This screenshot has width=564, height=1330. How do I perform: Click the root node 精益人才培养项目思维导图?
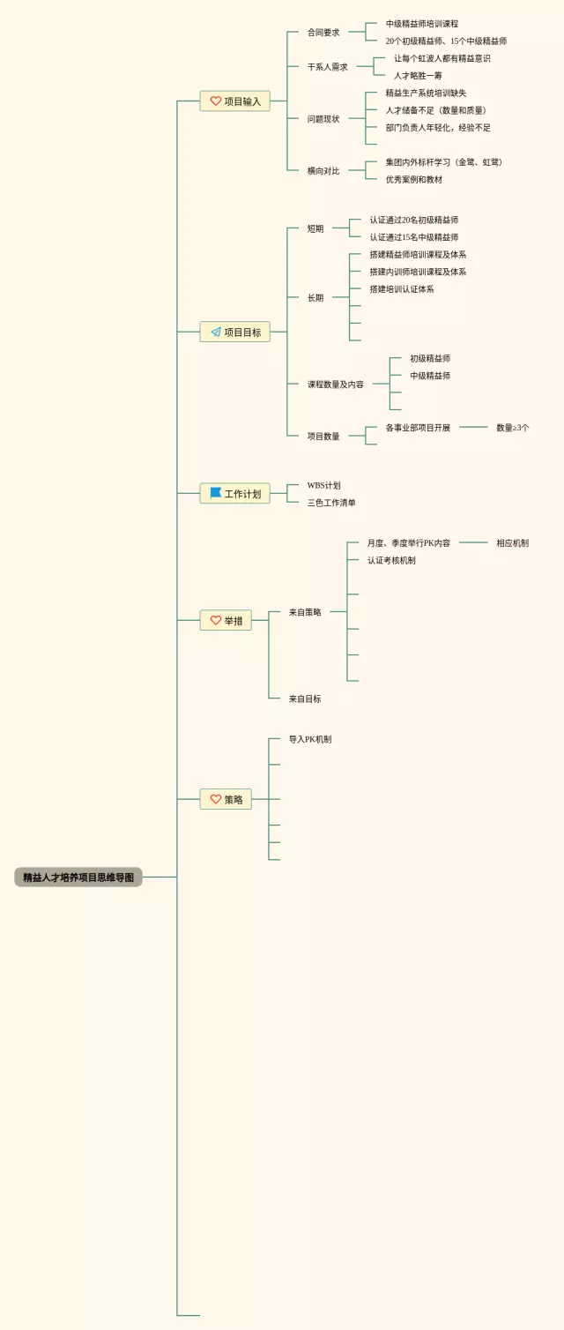[78, 878]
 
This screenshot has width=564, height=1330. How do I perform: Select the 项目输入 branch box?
[234, 101]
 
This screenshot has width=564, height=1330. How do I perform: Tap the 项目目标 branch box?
[234, 332]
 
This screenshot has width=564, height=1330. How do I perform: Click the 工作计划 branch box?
[234, 494]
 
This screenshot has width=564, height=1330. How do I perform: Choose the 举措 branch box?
[226, 621]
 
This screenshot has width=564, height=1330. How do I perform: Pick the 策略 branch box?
[226, 800]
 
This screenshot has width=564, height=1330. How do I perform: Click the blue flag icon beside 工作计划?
[215, 493]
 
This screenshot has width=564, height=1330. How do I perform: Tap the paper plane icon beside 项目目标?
[215, 332]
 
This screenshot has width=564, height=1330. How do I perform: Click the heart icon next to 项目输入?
[215, 101]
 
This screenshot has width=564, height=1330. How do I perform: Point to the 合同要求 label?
[323, 33]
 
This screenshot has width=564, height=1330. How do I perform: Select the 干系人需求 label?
[328, 67]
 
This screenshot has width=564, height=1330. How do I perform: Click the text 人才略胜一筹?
[418, 76]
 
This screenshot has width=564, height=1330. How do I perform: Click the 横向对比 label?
[323, 171]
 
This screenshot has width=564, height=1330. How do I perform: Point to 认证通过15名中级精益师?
[413, 237]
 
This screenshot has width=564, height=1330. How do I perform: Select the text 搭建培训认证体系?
[401, 289]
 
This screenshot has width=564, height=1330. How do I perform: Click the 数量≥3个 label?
[512, 428]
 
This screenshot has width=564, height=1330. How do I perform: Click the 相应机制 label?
[512, 543]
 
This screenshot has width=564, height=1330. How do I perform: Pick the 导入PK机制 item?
[310, 739]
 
